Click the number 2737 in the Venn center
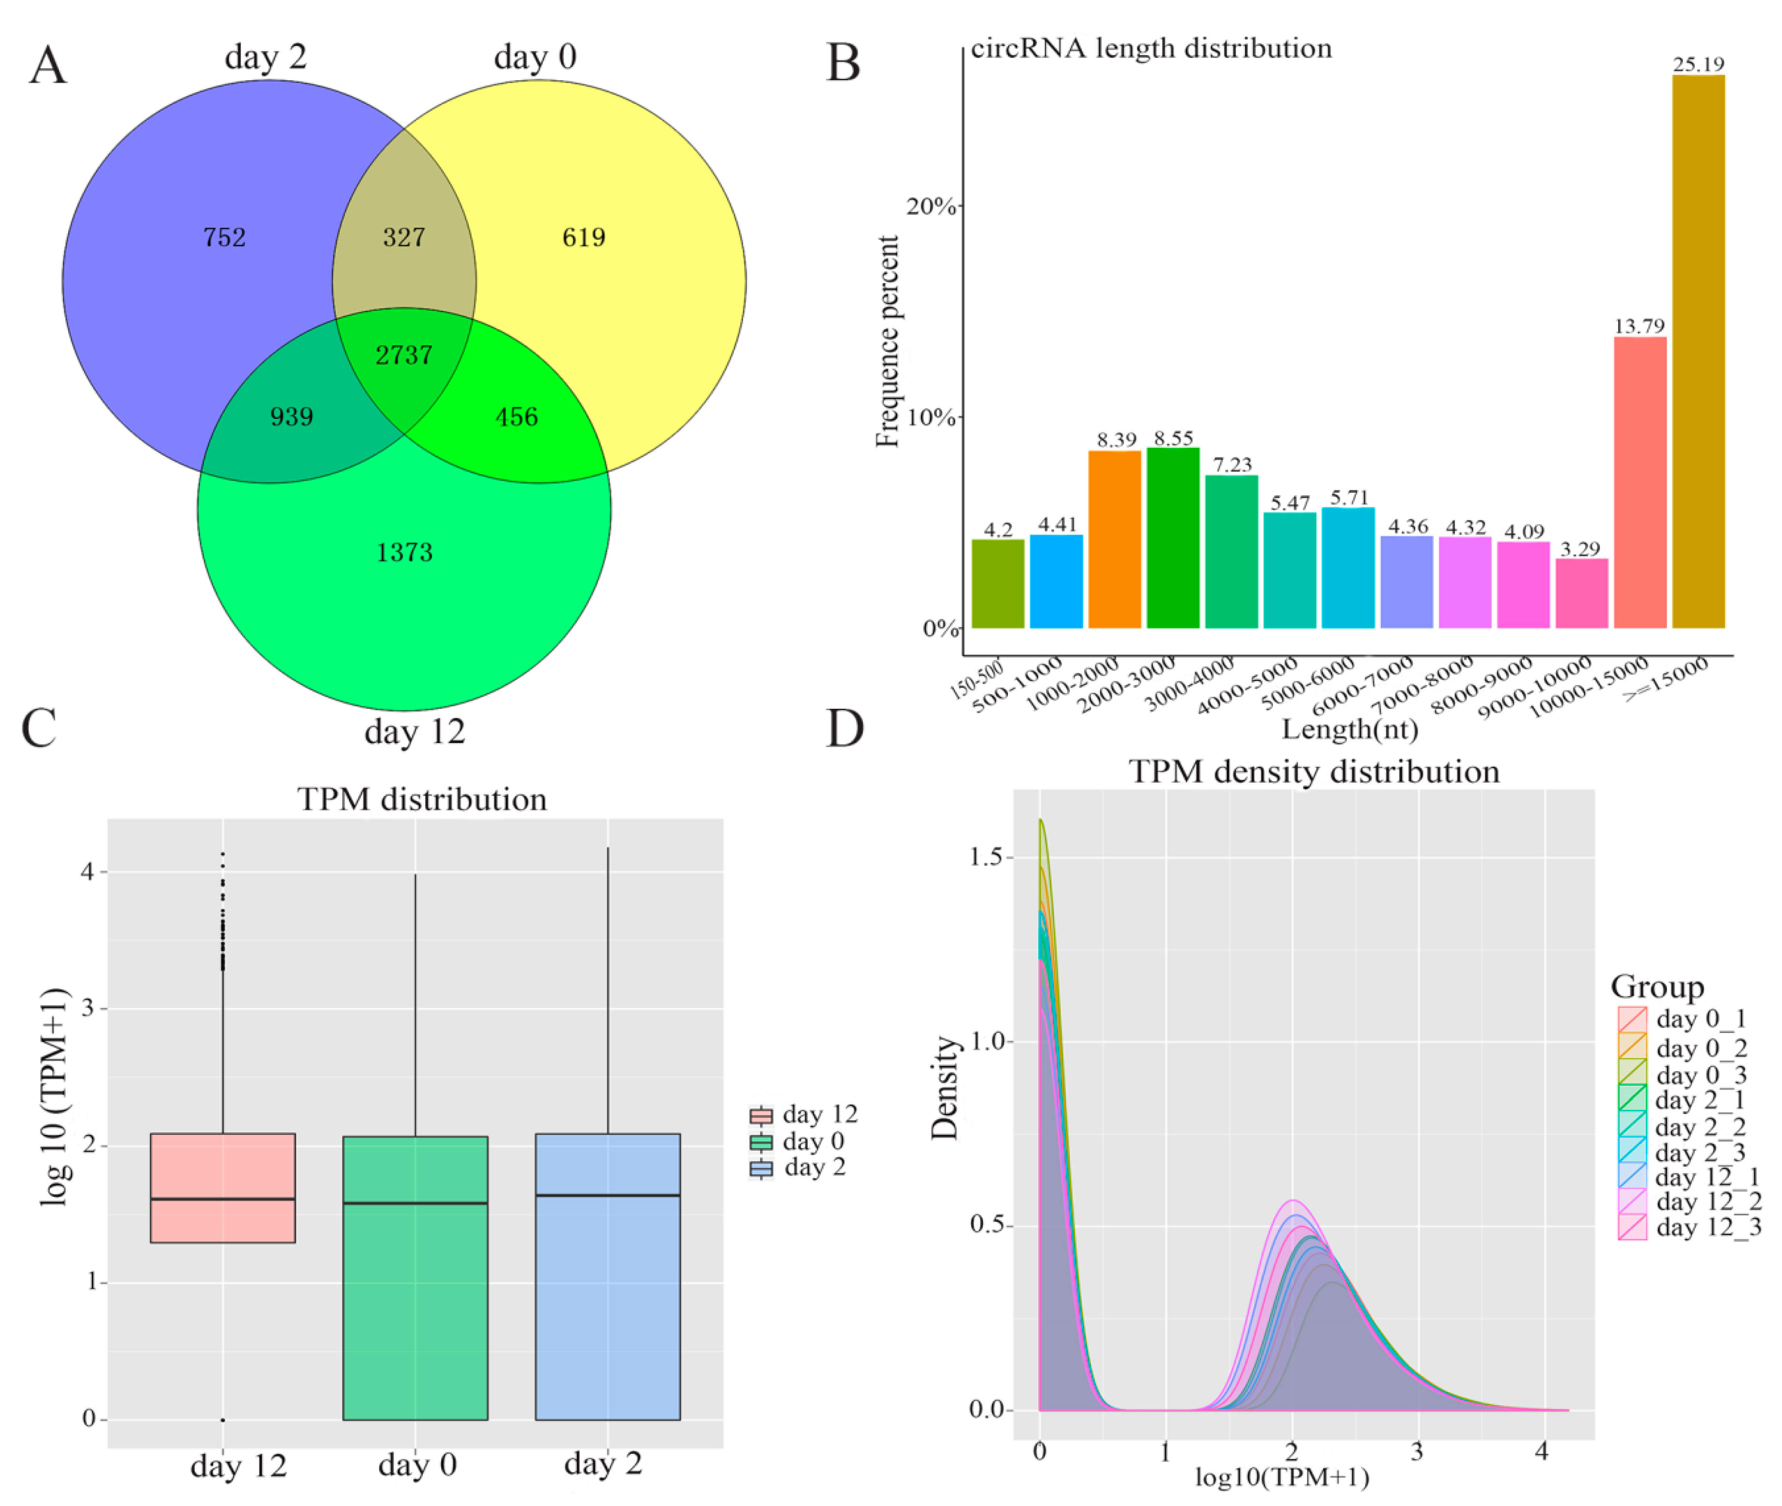[404, 354]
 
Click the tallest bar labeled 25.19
[1697, 350]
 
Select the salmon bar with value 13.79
[1639, 482]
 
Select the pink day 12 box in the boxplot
[223, 1187]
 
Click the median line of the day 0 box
[415, 1203]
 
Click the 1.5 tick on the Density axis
[986, 856]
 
